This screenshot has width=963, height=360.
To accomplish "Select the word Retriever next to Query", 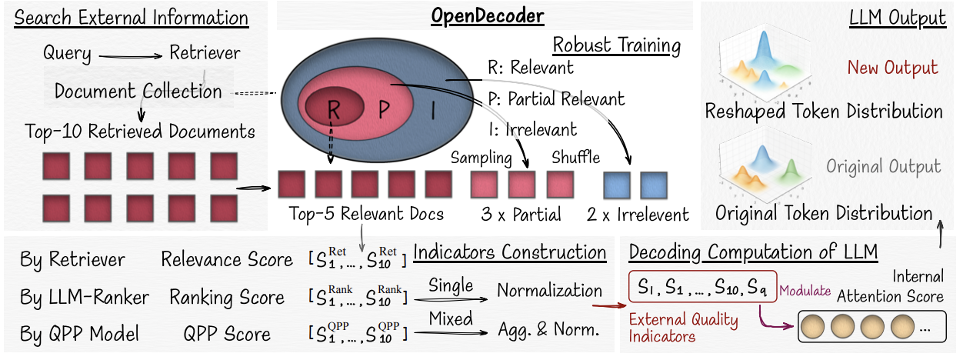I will coord(204,54).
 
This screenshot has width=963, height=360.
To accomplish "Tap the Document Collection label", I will coord(138,92).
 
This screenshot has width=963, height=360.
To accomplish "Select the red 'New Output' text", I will coord(892,68).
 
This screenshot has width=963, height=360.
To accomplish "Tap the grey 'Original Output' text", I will coord(884,167).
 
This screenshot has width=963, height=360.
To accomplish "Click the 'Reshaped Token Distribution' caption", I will coord(824,112).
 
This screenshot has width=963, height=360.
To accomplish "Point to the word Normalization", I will coord(549,291).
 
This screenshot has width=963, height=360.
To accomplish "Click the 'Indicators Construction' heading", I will coord(509,252).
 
